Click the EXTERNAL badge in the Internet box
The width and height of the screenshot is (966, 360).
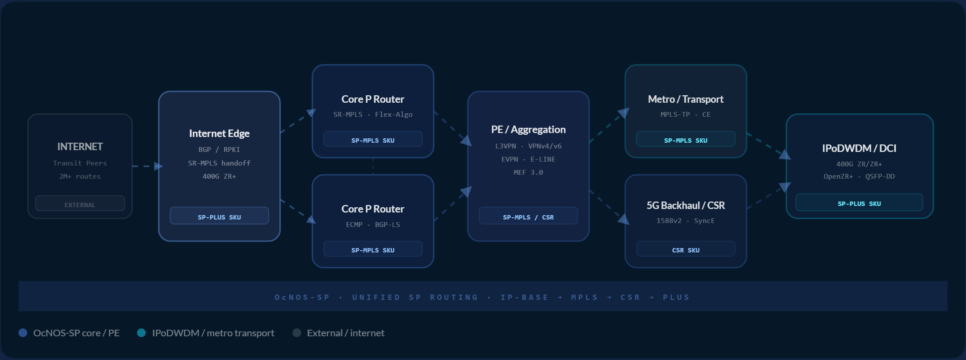coord(80,204)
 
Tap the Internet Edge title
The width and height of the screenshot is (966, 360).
coord(219,133)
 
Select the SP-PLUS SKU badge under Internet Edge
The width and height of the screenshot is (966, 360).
coord(219,216)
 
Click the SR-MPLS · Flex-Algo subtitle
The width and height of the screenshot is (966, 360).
coord(373,115)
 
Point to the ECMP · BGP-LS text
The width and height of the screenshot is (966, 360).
coord(373,225)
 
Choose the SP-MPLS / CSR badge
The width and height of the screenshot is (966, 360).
coord(528,216)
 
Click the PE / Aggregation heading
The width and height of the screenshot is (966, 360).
coord(528,130)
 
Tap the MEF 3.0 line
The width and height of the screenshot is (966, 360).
coord(528,173)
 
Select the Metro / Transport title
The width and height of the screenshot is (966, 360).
coord(685,99)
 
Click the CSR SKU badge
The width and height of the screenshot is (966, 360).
coord(685,249)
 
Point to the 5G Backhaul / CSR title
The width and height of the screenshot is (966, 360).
coord(685,205)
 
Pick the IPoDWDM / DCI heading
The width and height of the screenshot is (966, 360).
coord(859,148)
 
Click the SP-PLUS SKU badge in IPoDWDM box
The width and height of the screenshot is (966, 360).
coord(859,202)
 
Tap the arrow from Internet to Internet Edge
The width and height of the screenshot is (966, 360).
coord(148,166)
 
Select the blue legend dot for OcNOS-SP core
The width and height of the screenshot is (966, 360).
coord(23,333)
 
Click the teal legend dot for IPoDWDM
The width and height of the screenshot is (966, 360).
coord(141,333)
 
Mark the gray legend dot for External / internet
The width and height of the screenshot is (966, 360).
coord(297,333)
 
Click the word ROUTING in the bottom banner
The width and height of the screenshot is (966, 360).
coord(454,297)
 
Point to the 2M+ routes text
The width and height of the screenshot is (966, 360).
coord(80,176)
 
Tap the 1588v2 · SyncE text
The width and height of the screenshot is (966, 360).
coord(685,221)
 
